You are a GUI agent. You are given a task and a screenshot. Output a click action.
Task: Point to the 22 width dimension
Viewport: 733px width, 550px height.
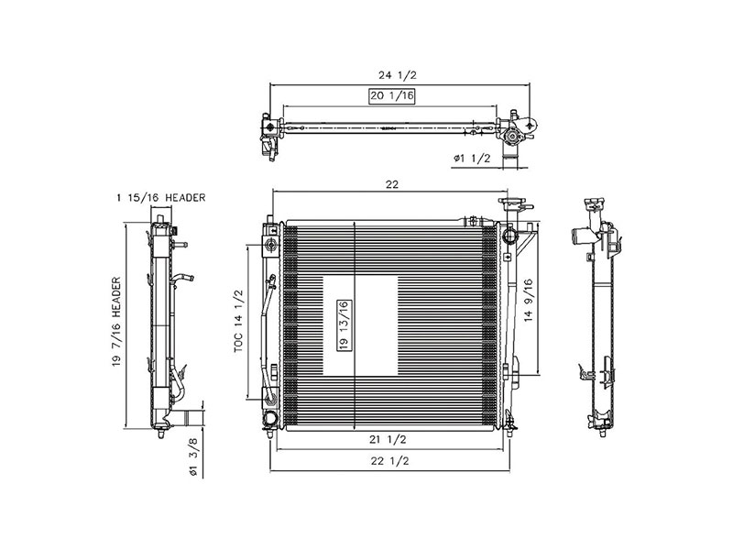coord(392,184)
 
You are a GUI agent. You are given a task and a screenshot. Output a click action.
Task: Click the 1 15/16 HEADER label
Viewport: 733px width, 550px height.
coord(161,197)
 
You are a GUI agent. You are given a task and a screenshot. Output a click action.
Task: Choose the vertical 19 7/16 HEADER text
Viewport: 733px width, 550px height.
coord(117,324)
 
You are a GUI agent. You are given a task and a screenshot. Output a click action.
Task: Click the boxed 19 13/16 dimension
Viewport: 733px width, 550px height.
coord(343,325)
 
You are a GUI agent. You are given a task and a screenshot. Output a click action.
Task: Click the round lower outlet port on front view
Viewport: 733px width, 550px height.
coord(270,421)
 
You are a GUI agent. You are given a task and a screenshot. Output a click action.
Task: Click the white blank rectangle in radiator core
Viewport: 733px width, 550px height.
coord(359,324)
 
